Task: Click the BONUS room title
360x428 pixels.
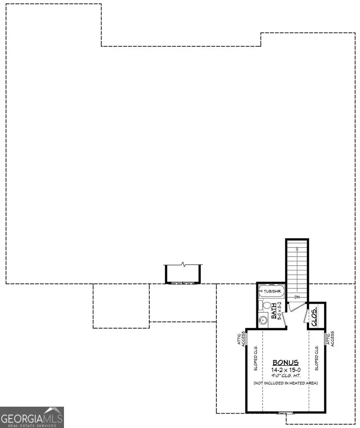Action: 286,362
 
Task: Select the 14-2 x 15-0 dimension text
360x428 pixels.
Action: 286,370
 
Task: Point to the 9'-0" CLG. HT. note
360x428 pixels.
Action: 286,376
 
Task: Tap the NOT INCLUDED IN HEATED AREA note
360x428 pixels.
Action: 286,383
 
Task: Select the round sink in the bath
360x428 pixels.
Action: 263,320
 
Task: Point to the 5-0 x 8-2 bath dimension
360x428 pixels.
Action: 280,311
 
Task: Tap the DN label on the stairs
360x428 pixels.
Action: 297,297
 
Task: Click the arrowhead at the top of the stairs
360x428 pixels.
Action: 297,249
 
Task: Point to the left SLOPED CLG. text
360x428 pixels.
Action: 256,361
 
